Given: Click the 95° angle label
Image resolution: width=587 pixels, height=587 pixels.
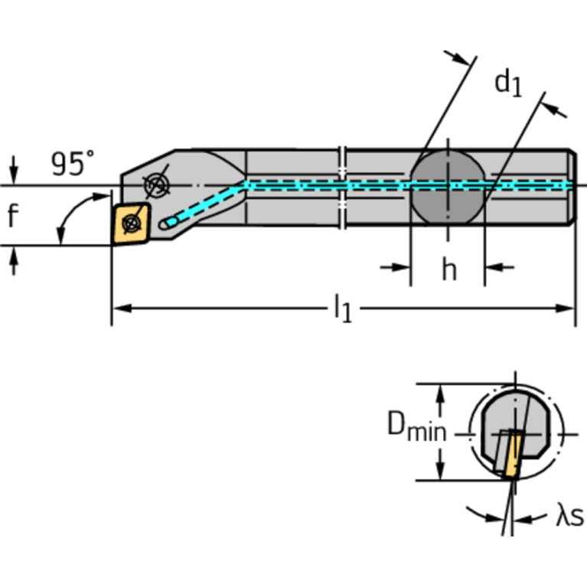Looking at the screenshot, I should click(73, 163).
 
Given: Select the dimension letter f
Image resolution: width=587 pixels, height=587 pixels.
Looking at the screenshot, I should click(12, 217).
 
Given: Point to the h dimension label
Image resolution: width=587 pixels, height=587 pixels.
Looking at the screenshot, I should click(448, 269).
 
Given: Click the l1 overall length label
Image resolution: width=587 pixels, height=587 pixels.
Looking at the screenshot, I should click(342, 308).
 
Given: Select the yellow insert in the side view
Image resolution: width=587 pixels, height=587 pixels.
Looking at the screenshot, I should click(130, 223).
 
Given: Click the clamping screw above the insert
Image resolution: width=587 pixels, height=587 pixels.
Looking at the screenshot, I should click(158, 184).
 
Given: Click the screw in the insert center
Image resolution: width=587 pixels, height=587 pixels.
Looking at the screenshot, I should click(131, 223).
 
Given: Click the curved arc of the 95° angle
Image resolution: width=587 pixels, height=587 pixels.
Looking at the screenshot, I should click(66, 218).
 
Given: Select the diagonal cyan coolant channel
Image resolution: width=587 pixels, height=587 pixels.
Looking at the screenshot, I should click(207, 204).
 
